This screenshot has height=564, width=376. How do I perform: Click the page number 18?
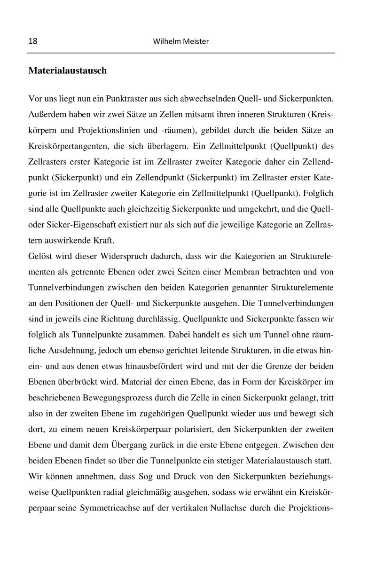[x=33, y=41]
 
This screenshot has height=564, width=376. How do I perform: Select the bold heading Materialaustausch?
[x=67, y=71]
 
